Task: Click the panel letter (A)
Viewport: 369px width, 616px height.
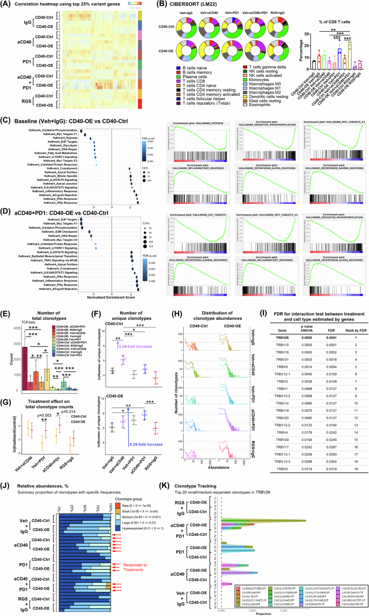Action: [7, 4]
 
